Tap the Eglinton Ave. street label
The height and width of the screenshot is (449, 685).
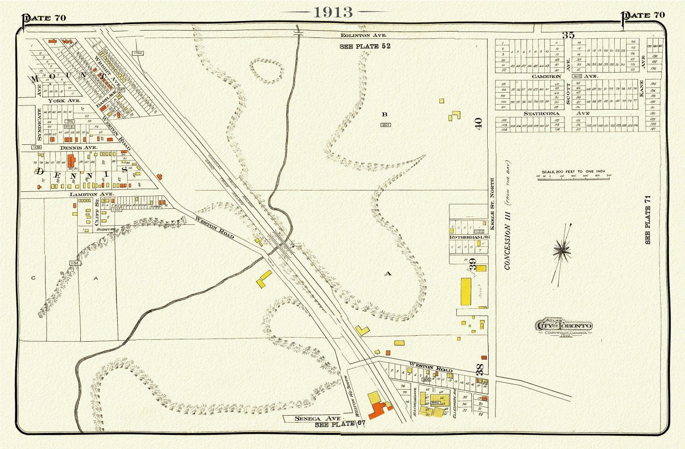coord(364,35)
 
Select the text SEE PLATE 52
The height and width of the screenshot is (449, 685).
coord(365,47)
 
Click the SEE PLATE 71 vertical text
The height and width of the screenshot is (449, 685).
coord(648,219)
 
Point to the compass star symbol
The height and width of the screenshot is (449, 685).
coord(564,249)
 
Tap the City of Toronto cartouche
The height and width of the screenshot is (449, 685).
coord(565,326)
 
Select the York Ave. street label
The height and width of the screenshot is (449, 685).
coord(65,100)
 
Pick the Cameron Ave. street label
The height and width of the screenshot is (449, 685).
coord(546,77)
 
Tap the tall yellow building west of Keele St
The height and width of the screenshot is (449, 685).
coord(466,291)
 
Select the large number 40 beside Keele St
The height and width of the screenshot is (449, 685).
coord(478,123)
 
